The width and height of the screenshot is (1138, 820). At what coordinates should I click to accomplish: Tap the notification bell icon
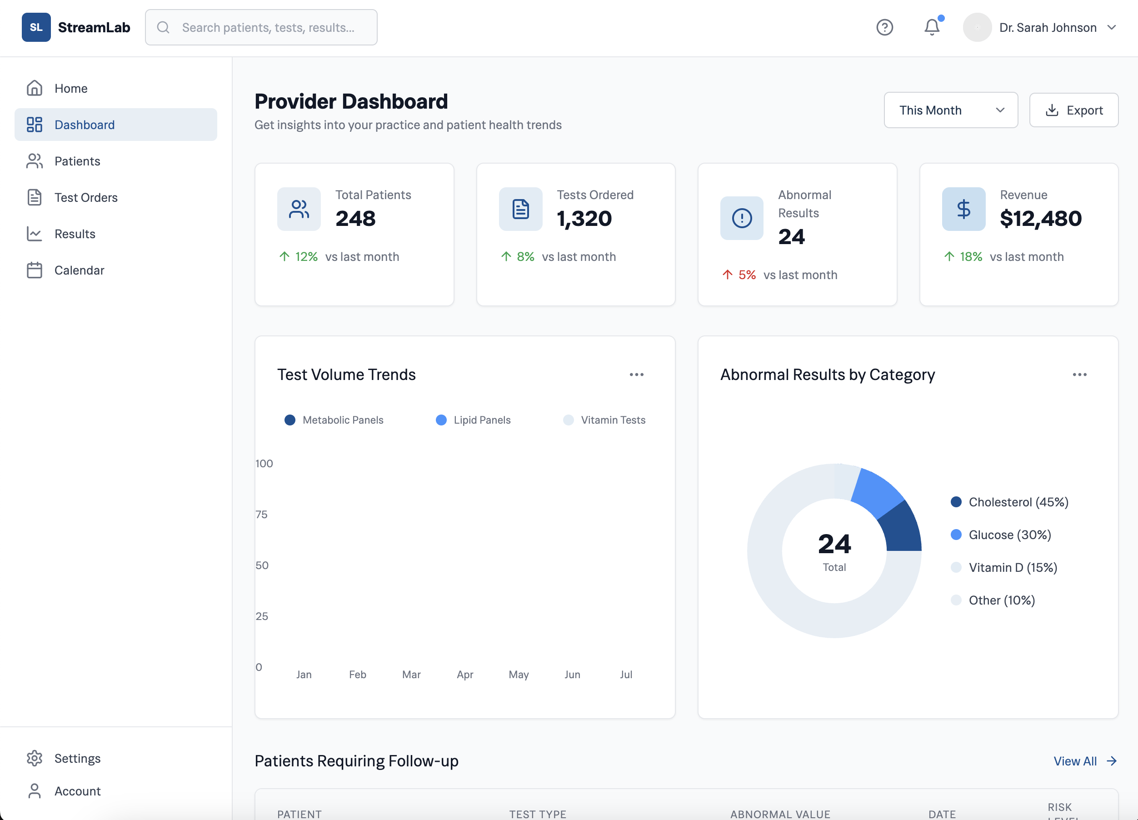931,27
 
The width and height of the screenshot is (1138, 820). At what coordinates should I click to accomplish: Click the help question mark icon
884,27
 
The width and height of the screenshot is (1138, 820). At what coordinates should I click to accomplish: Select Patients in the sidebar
77,161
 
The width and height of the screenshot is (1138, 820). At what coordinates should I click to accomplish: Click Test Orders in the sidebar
86,197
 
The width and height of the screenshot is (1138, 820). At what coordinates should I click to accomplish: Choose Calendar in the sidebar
79,270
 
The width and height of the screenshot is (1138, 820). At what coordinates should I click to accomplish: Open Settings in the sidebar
77,758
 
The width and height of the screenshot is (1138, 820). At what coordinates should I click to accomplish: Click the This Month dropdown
950,110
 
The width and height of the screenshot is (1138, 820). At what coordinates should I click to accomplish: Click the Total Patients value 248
355,218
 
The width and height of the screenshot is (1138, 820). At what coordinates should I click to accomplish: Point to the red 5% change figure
747,275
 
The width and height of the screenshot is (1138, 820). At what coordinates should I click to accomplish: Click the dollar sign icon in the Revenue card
963,209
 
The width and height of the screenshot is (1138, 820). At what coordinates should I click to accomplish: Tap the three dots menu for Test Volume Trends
636,375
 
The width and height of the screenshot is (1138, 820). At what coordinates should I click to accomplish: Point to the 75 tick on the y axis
261,515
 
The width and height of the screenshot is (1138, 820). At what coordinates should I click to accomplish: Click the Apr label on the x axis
464,675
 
